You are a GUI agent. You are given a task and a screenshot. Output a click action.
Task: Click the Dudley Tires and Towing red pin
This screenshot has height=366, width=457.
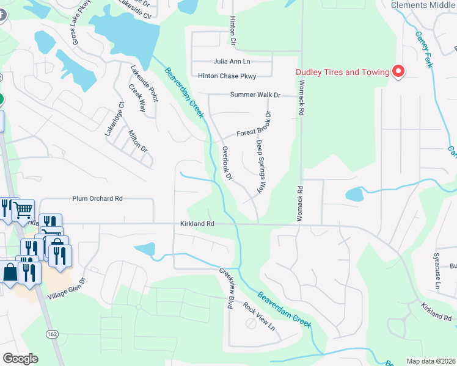tap(398, 72)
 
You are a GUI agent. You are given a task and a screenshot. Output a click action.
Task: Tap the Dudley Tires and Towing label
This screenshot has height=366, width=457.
tap(343, 72)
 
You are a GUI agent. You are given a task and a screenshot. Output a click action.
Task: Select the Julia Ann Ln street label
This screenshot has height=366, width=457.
tap(232, 62)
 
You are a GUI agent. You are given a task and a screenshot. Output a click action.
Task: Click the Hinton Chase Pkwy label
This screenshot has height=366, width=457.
tap(227, 76)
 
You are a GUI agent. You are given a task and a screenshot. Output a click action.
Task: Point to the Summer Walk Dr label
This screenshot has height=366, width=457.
tap(255, 95)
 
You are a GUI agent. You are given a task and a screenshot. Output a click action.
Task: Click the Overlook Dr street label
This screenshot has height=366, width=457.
tap(227, 163)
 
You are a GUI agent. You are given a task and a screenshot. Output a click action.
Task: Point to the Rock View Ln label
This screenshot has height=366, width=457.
tap(259, 316)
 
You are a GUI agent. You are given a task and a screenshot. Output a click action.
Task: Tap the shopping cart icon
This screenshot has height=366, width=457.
tap(23, 210)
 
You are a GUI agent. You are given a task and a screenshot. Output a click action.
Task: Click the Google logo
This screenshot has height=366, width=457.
tap(20, 359)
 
